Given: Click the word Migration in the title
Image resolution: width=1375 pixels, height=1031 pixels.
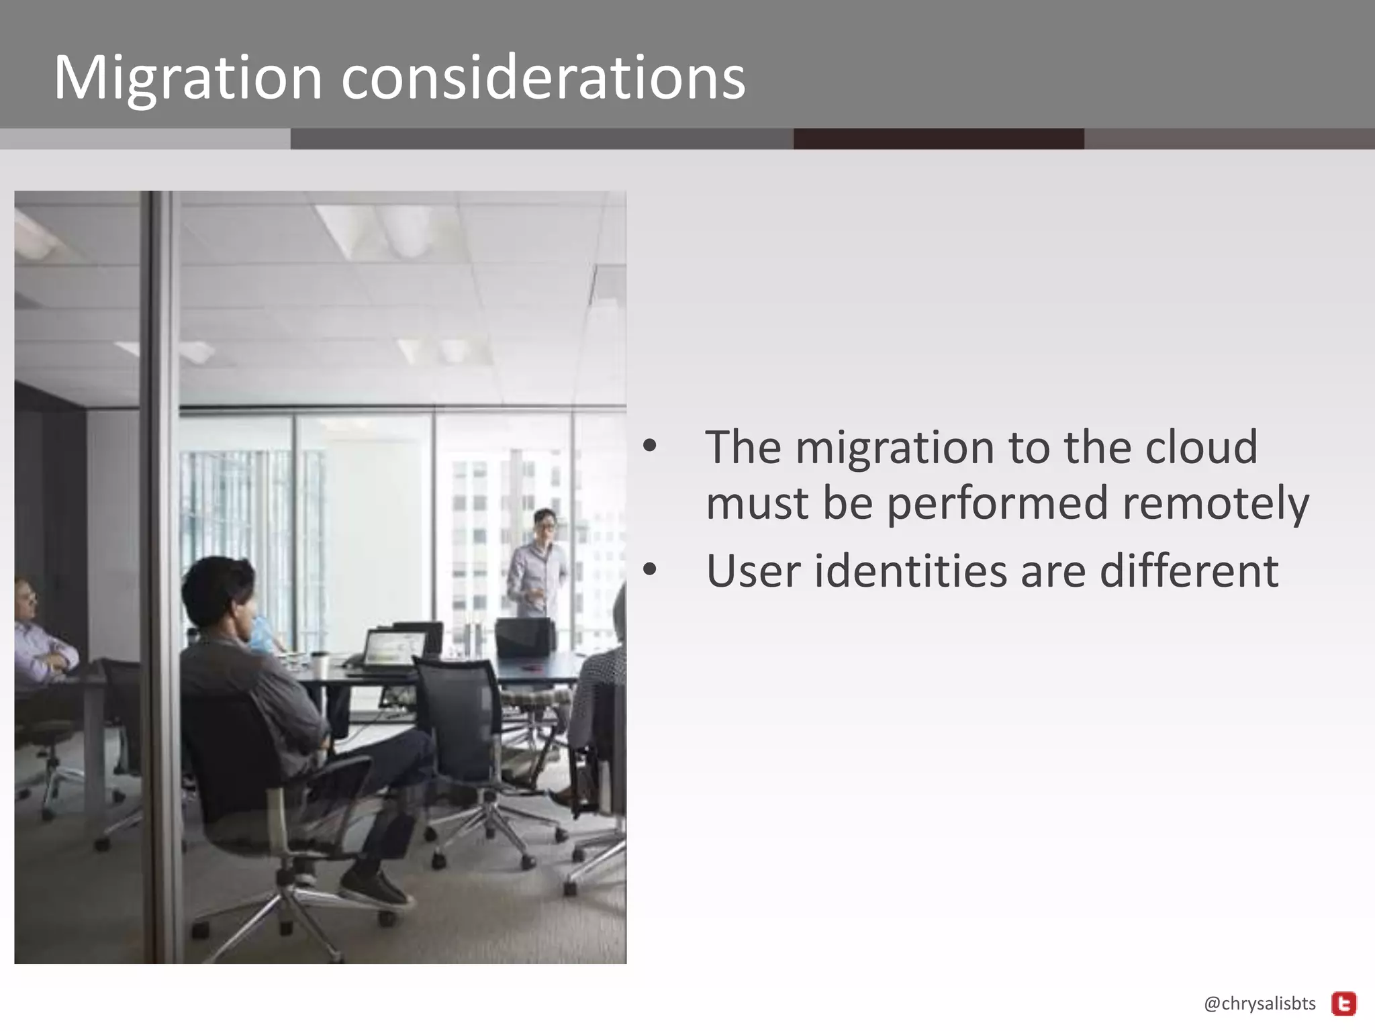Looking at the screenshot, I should coord(188,79).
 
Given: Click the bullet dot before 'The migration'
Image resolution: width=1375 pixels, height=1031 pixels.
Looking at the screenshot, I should coord(649,446).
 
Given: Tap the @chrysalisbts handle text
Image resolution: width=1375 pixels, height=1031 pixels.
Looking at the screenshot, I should coord(1260,1003).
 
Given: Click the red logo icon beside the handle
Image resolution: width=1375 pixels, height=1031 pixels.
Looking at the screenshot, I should coord(1343,1004).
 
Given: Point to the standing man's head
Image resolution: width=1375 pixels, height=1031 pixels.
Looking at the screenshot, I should coord(544,524).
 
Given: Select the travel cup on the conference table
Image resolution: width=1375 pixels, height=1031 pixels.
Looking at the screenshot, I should coord(320,665).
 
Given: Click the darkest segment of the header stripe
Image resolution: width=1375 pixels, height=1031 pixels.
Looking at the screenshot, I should coord(938,139).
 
